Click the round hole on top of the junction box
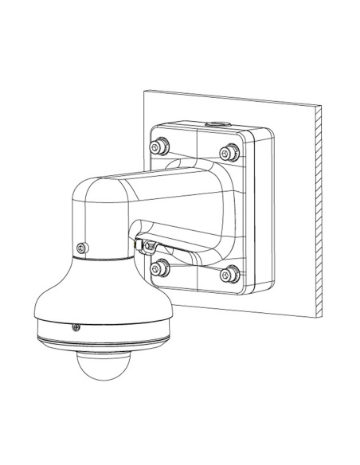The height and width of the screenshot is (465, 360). [214, 123]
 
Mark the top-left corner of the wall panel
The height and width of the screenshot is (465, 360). [143, 92]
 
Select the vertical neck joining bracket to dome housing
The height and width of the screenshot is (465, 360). [100, 239]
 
